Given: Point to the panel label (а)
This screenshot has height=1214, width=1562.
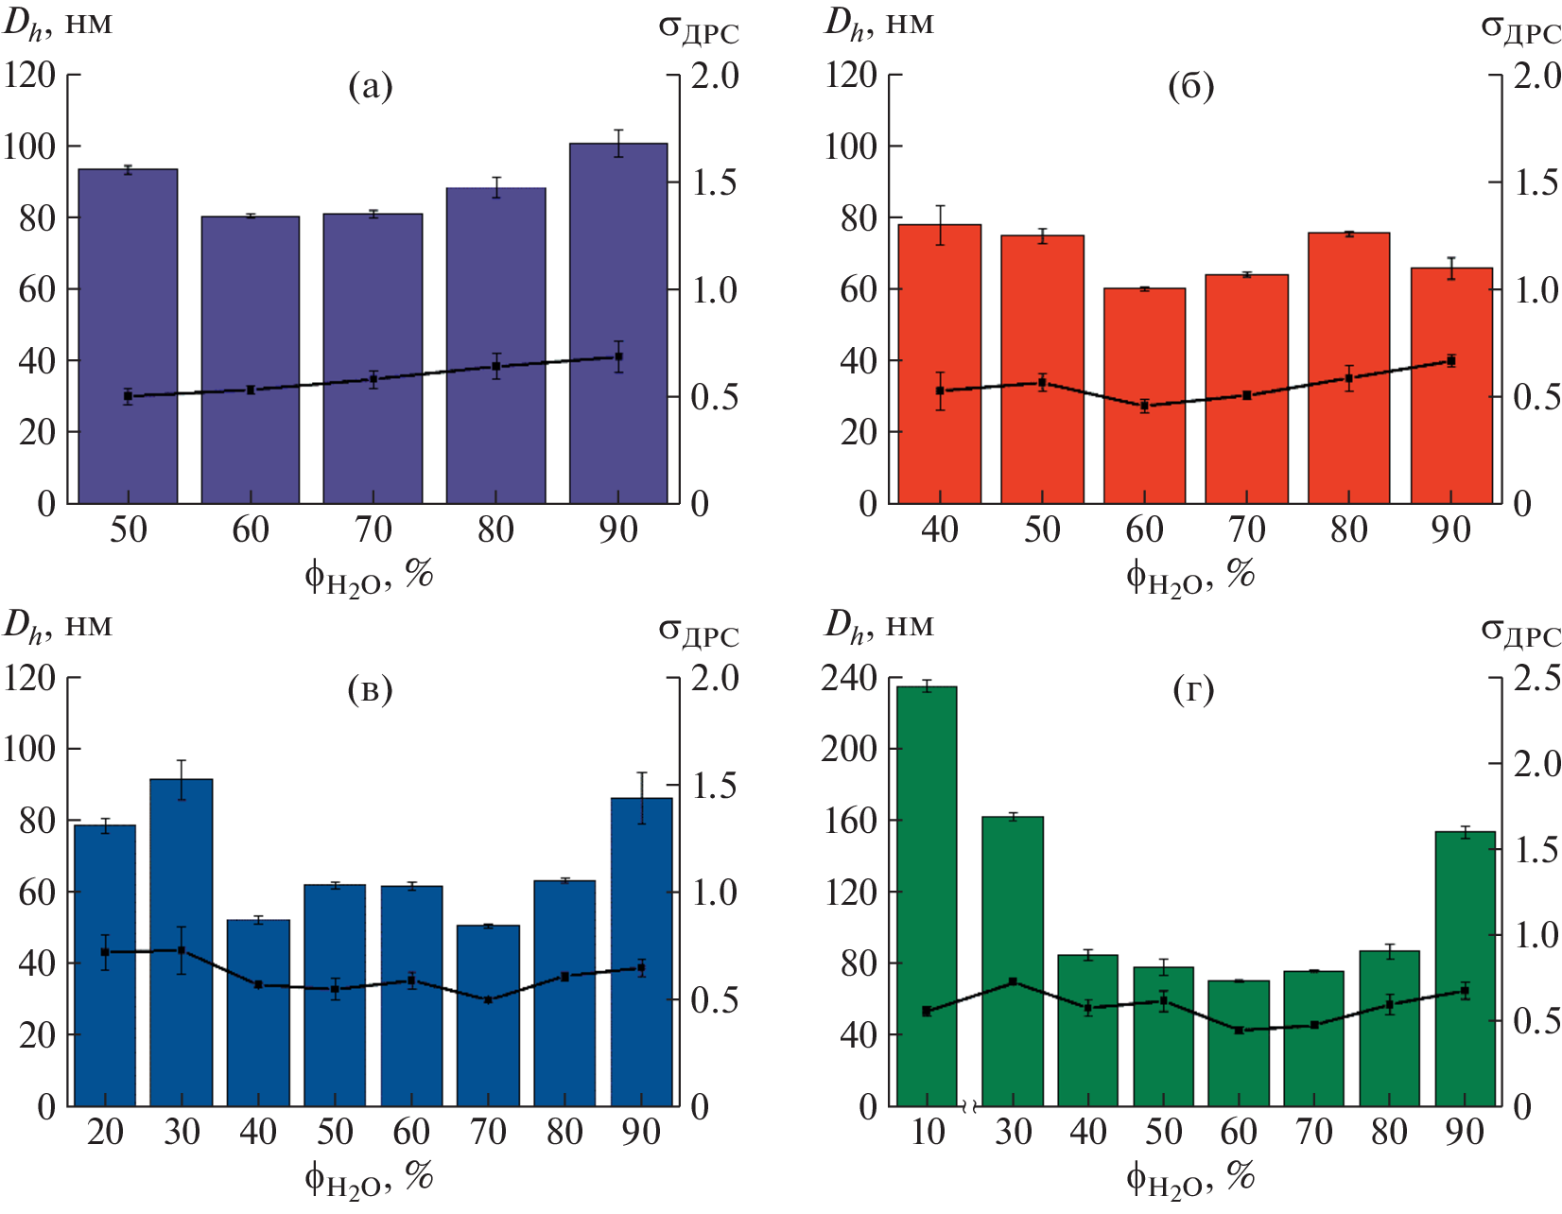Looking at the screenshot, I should click(x=370, y=87).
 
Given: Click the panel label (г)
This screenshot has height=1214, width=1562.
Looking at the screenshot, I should click(x=1192, y=690).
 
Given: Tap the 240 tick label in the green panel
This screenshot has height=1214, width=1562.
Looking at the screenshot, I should click(x=849, y=678).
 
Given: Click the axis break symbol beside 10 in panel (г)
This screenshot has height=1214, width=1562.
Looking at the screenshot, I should click(x=968, y=1105).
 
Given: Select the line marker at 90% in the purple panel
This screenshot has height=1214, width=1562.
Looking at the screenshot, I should click(x=618, y=357).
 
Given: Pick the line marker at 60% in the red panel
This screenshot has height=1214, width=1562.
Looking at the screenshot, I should click(x=1144, y=407).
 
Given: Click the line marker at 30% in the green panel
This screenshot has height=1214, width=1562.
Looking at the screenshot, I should click(x=1013, y=982).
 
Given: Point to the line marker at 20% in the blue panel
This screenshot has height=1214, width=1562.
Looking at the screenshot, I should click(x=105, y=952).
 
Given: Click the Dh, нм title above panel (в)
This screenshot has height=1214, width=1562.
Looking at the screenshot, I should click(x=58, y=625).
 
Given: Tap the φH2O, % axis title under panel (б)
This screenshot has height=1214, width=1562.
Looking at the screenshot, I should click(x=1190, y=575).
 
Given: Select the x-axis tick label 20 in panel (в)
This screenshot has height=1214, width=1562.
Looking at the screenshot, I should click(x=105, y=1132).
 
